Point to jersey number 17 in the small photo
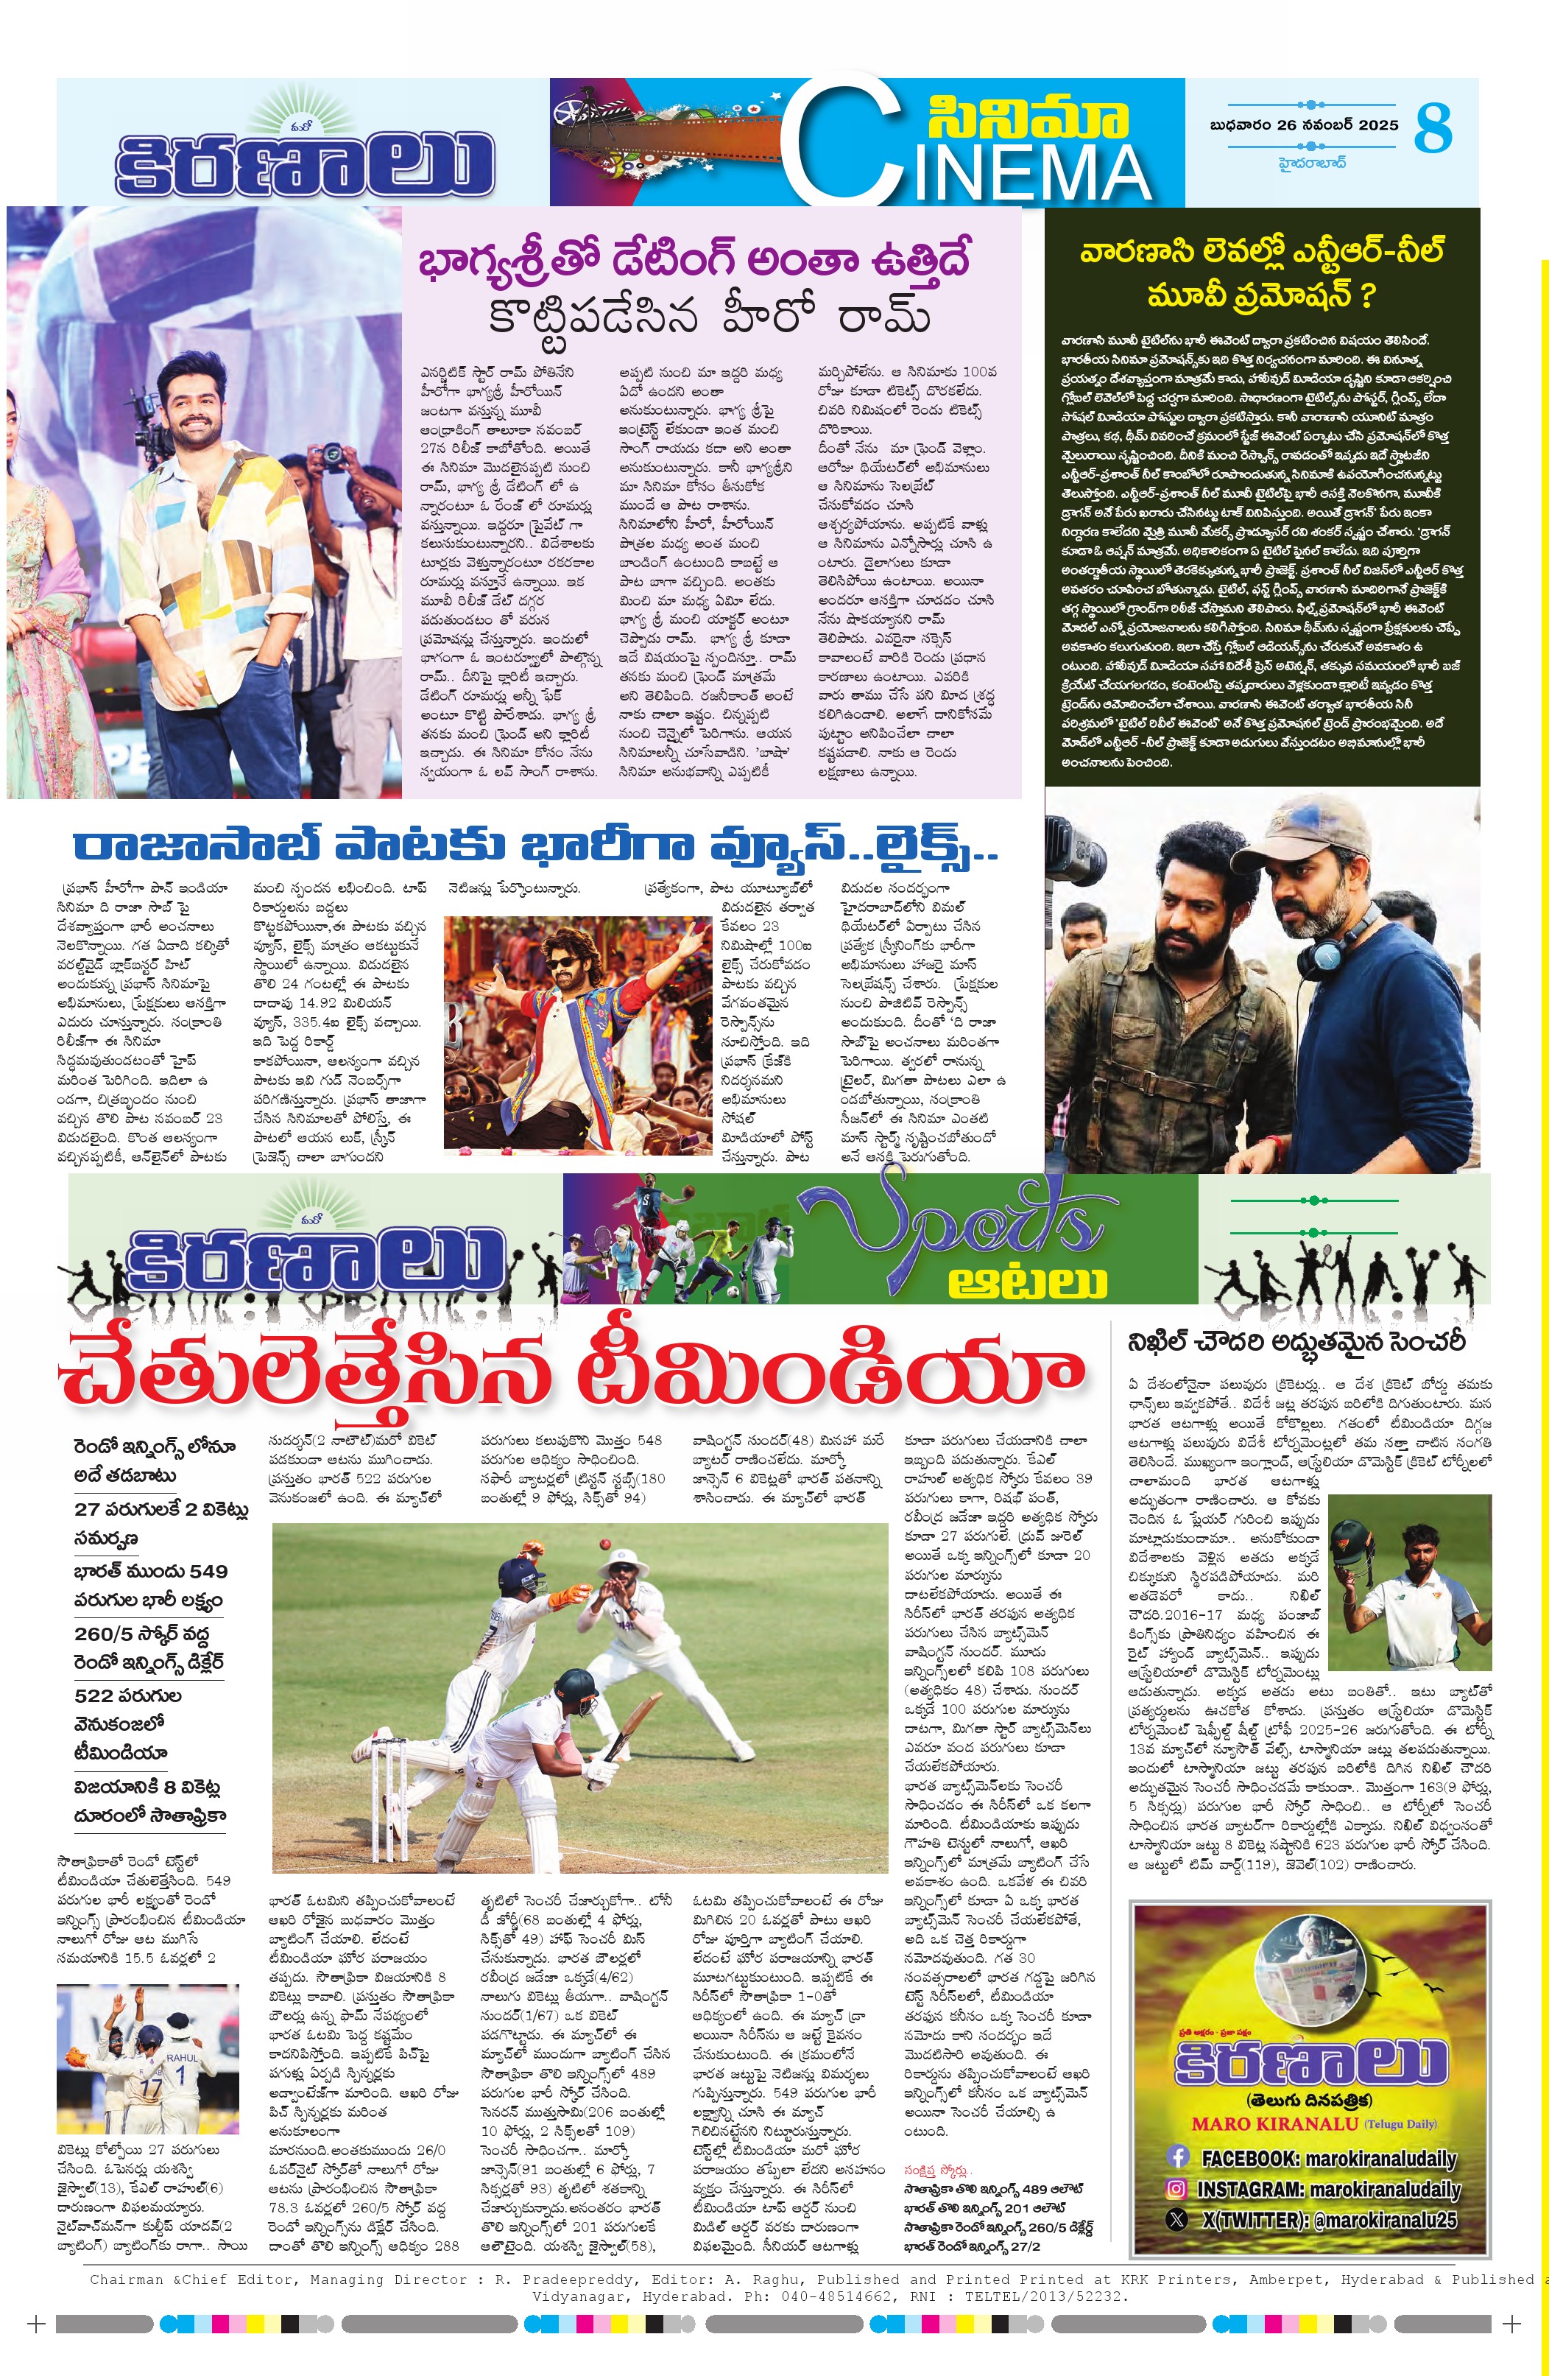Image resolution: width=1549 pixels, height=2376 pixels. click(x=149, y=2087)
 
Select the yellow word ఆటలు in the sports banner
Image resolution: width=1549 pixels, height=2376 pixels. click(x=1027, y=1280)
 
